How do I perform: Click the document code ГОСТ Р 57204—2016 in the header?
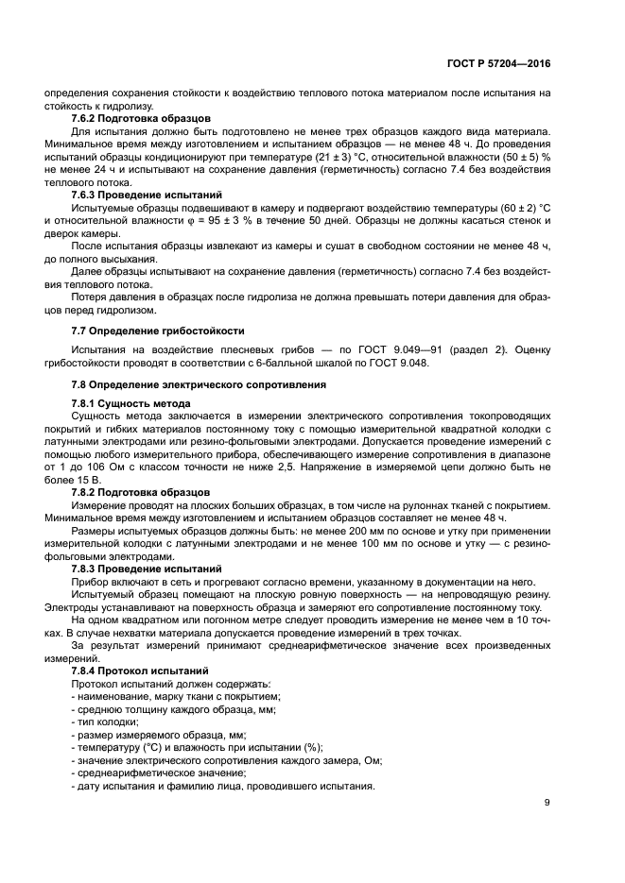coord(499,63)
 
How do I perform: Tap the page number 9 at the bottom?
coord(547,804)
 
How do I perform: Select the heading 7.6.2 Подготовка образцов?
coord(141,118)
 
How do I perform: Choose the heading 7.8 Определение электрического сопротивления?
coord(199,384)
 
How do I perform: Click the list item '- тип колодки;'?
coord(105,721)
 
